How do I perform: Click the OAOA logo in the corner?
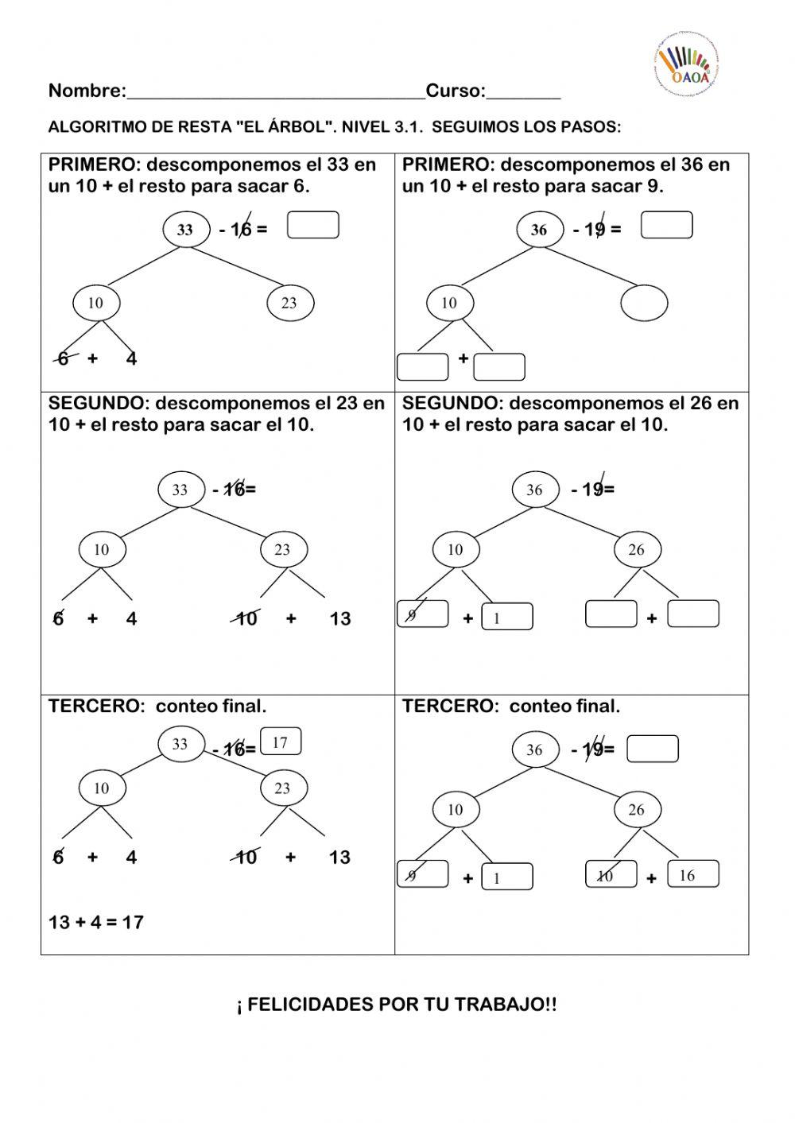click(x=686, y=63)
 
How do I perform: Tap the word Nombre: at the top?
click(x=87, y=91)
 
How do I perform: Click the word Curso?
click(x=456, y=91)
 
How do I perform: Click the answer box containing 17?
click(x=280, y=742)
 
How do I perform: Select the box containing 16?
click(x=692, y=874)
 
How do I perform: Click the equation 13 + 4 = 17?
click(x=96, y=922)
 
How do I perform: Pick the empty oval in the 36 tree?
click(x=644, y=303)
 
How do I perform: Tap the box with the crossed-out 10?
click(x=611, y=875)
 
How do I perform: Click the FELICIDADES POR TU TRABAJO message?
click(x=397, y=1005)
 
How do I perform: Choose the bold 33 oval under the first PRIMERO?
click(x=185, y=230)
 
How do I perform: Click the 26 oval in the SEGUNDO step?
click(x=636, y=549)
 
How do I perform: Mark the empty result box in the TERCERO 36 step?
click(x=653, y=749)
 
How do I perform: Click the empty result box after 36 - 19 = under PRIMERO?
click(x=666, y=225)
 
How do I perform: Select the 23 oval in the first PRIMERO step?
click(x=289, y=303)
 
